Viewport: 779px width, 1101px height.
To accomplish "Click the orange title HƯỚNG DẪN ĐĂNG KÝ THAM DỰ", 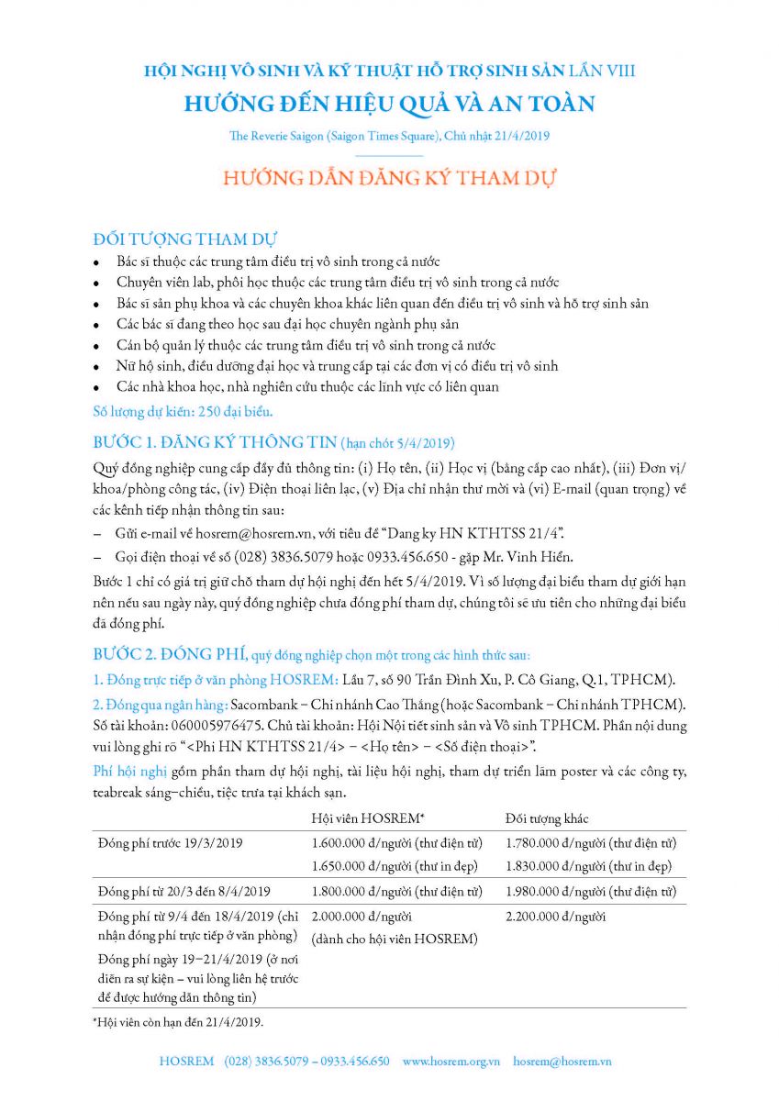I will [389, 177].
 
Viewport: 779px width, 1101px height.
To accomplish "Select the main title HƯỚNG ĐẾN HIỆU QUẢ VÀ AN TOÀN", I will [389, 104].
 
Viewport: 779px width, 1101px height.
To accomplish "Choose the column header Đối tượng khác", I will [547, 818].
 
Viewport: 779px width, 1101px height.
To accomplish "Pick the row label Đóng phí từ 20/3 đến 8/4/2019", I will [184, 891].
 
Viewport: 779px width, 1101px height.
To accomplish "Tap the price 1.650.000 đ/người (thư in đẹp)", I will [395, 866].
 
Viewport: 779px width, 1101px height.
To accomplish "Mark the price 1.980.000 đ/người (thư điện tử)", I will [591, 891].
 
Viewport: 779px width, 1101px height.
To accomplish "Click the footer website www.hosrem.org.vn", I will [451, 1061].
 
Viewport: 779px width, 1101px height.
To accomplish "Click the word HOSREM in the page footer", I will [185, 1061].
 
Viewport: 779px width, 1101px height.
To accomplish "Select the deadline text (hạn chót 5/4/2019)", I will [397, 443].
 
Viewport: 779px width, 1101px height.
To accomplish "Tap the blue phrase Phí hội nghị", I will [127, 771].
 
